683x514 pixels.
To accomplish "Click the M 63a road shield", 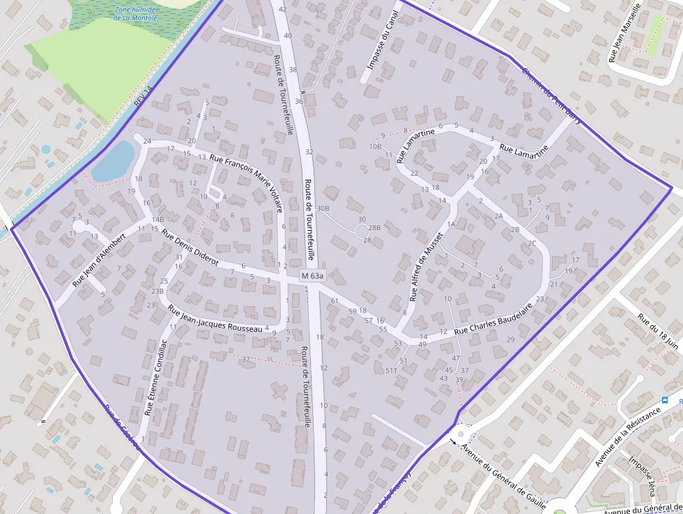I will click(x=313, y=277).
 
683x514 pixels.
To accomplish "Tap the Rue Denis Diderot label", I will click(x=190, y=248).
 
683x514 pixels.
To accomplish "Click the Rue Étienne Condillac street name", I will click(x=155, y=377).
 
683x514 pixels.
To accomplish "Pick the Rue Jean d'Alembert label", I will click(x=99, y=259).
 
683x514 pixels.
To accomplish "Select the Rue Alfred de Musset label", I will click(x=427, y=267).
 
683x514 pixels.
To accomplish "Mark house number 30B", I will click(x=323, y=208).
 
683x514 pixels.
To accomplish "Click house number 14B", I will click(x=158, y=219).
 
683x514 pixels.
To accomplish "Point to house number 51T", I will click(x=391, y=371).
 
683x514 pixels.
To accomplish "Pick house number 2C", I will click(x=532, y=243).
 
